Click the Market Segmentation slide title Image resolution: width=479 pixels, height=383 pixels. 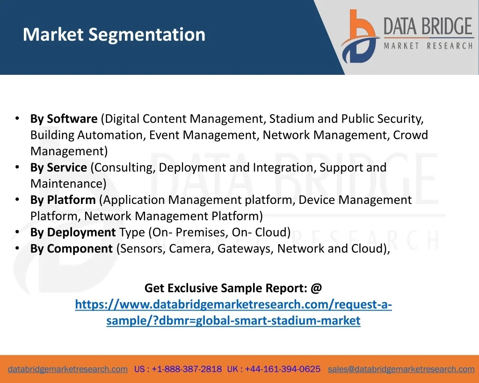click(x=114, y=35)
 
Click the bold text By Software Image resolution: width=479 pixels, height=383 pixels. click(x=64, y=119)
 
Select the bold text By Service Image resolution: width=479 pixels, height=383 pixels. click(x=58, y=167)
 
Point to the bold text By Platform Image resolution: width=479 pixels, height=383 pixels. click(x=63, y=200)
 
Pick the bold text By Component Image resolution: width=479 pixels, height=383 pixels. click(x=72, y=249)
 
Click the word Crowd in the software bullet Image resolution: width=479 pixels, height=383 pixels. click(x=410, y=135)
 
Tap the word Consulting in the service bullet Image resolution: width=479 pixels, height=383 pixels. click(x=123, y=168)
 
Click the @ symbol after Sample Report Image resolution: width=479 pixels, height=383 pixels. click(x=317, y=288)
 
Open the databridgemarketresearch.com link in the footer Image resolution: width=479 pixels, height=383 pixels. click(x=68, y=369)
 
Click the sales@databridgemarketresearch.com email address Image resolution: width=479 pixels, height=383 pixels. click(x=401, y=369)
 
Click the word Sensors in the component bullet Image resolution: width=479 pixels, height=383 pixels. click(x=141, y=249)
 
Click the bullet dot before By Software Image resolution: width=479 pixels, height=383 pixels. click(x=17, y=118)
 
